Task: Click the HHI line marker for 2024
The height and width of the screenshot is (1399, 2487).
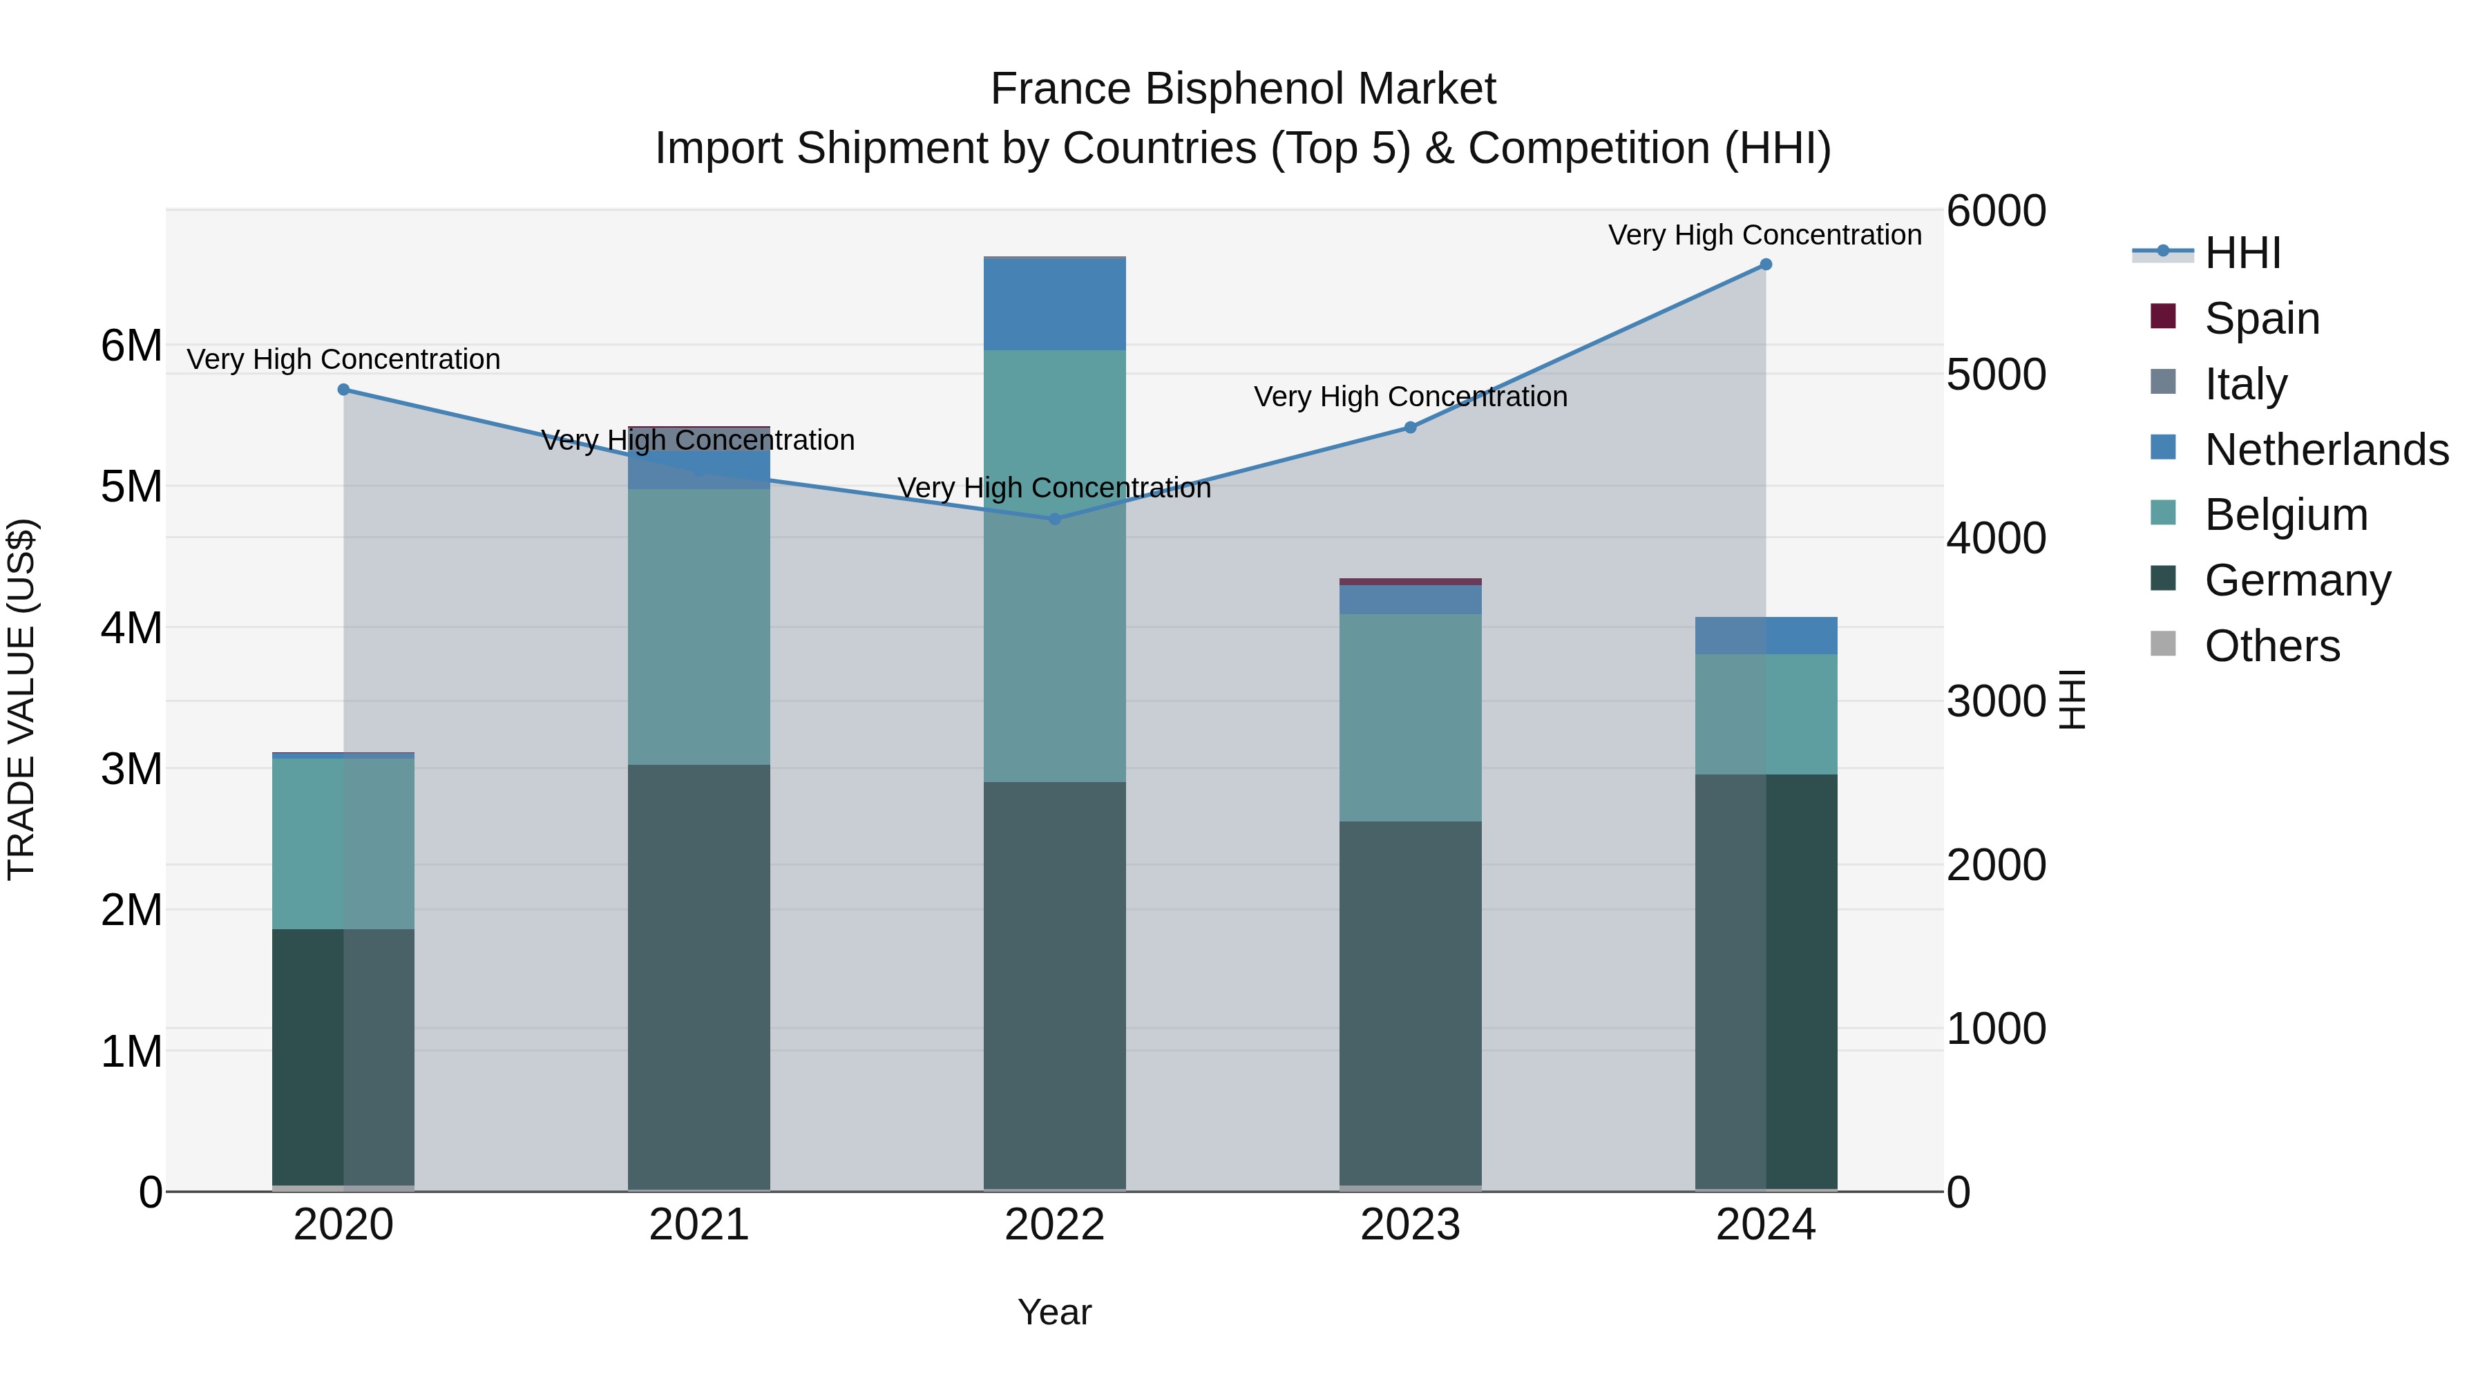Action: (x=1766, y=265)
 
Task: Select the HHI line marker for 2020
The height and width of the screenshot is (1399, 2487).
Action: (x=344, y=389)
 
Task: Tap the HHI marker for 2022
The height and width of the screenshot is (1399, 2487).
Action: (x=1054, y=518)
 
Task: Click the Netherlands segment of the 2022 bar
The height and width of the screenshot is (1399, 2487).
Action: (x=1054, y=304)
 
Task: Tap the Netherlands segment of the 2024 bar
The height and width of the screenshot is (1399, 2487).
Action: (x=1766, y=636)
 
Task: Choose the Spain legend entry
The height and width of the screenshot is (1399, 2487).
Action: (x=2261, y=318)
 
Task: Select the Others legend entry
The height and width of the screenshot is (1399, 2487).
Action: (x=2271, y=645)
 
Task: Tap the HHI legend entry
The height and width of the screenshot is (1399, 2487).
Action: (x=2242, y=253)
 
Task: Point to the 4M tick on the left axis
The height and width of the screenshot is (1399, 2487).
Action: (x=131, y=627)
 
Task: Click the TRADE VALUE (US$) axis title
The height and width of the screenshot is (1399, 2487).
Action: (x=21, y=699)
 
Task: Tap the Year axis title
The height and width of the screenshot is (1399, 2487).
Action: (x=1054, y=1312)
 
